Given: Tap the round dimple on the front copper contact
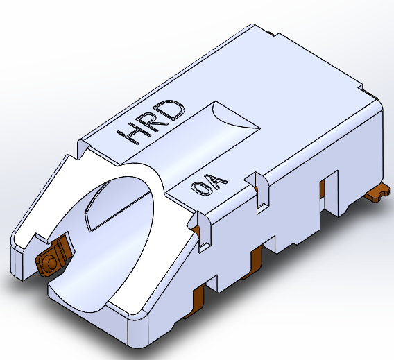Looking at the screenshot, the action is (x=52, y=262).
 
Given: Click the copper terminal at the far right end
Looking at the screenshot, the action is (x=377, y=193).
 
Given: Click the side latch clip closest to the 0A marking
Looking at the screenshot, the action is (x=201, y=230).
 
